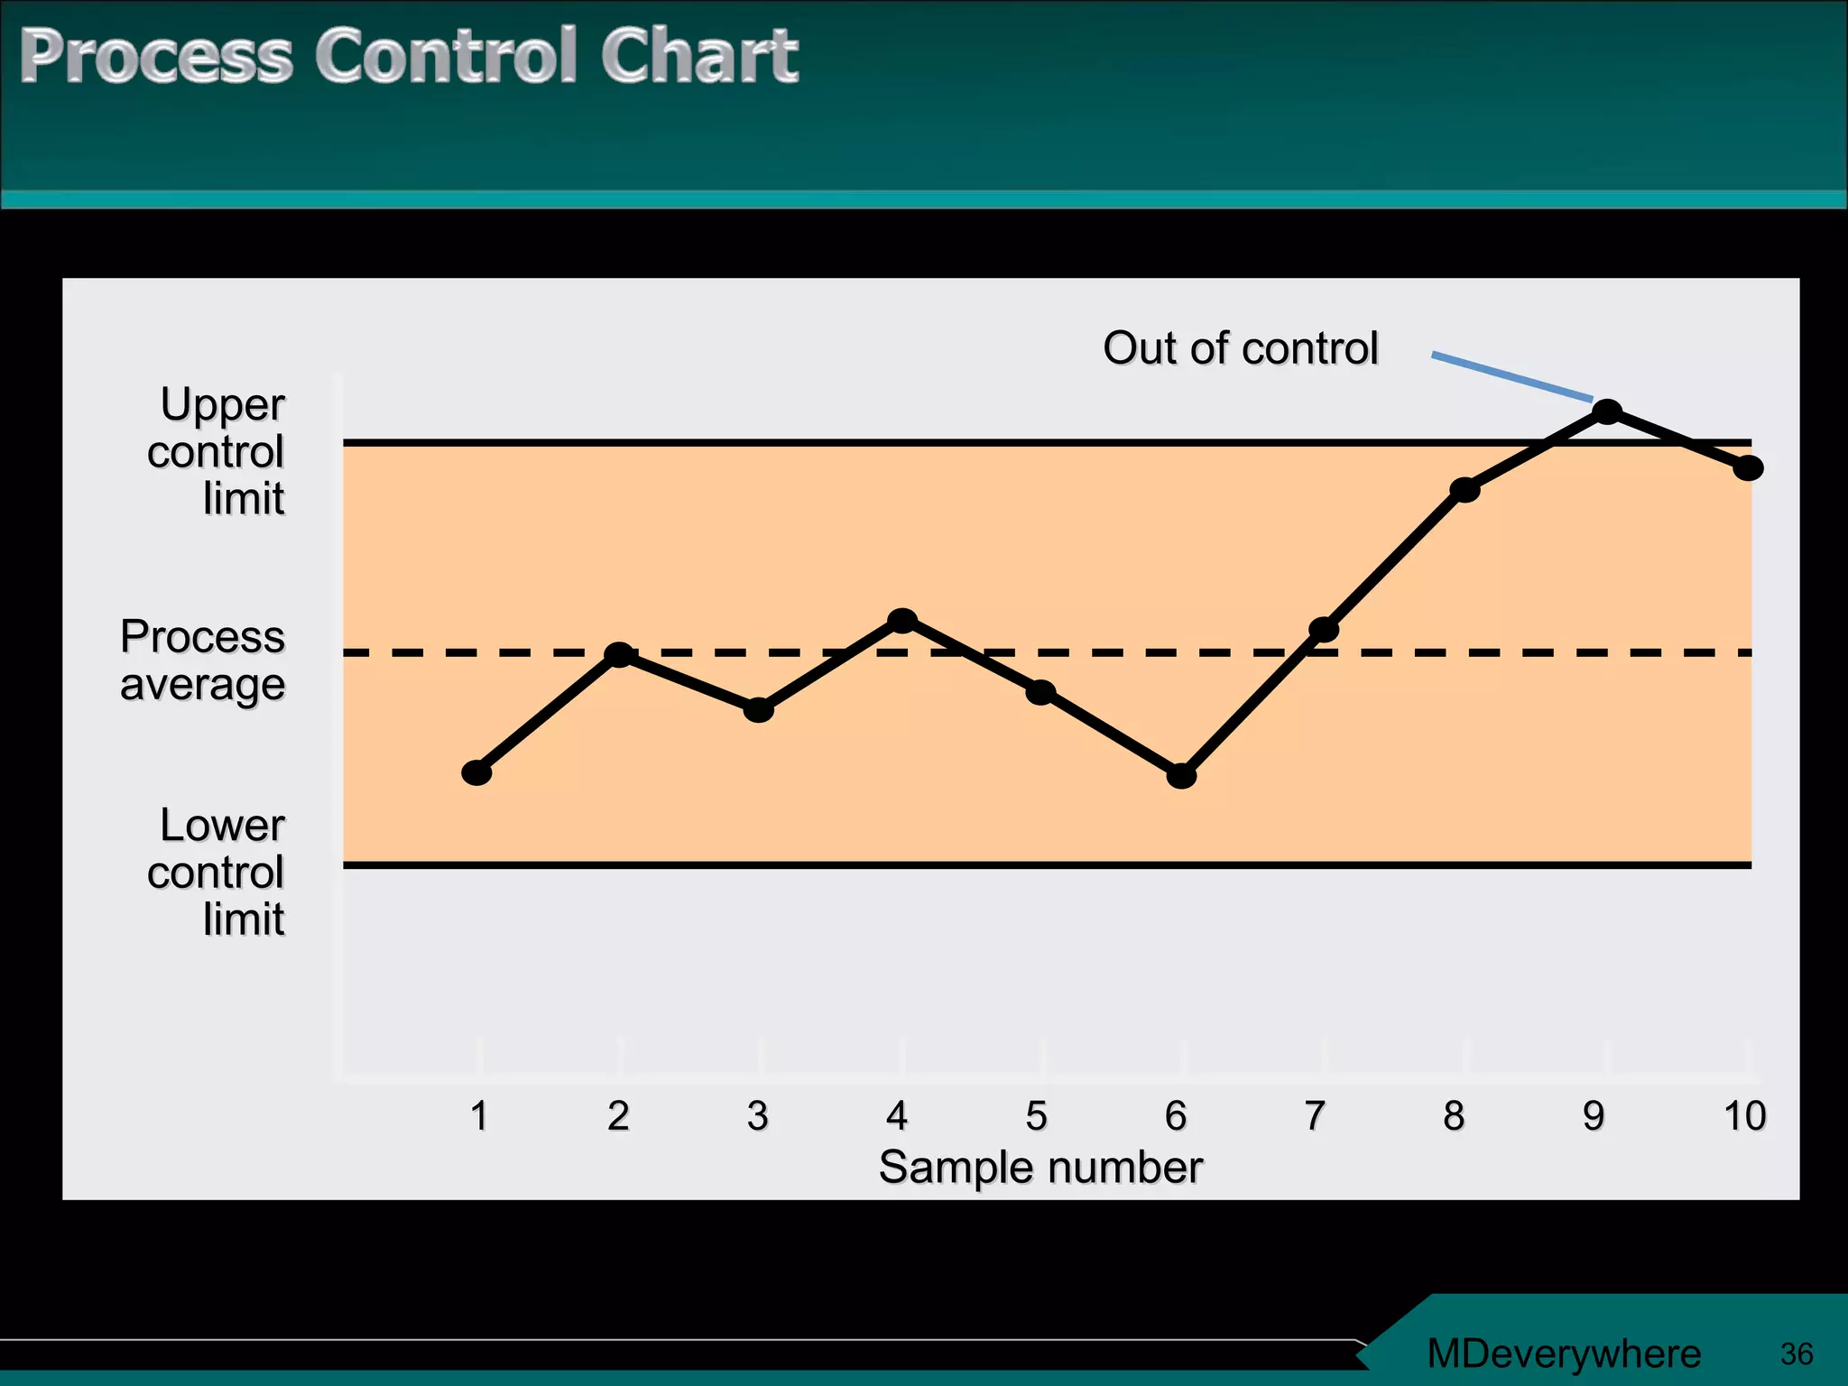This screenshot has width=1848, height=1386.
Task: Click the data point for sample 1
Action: click(476, 772)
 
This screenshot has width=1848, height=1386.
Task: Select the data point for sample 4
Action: click(902, 621)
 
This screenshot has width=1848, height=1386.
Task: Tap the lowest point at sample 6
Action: click(1181, 775)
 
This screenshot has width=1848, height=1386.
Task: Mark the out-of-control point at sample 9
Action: click(1607, 412)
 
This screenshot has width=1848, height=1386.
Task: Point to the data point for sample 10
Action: click(1748, 467)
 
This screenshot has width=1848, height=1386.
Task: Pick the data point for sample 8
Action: click(1465, 490)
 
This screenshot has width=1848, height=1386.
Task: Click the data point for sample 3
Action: click(759, 709)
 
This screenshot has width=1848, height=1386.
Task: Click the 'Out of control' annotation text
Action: click(1241, 348)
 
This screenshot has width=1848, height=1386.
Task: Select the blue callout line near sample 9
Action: click(1512, 376)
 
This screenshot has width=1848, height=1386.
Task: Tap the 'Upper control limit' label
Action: click(217, 451)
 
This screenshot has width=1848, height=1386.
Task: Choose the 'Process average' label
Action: click(203, 661)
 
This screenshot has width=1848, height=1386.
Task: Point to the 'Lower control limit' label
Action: click(217, 873)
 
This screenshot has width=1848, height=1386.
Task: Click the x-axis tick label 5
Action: click(1037, 1116)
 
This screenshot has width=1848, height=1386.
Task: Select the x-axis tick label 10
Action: click(1744, 1116)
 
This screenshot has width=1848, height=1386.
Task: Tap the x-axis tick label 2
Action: click(618, 1116)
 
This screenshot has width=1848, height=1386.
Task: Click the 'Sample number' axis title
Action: click(1040, 1168)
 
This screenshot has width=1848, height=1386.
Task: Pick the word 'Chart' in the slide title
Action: click(699, 56)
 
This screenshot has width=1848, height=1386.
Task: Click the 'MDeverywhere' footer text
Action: click(1564, 1354)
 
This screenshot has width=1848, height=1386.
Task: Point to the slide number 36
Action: click(1797, 1354)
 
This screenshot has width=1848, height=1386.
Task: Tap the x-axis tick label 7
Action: click(1315, 1116)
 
